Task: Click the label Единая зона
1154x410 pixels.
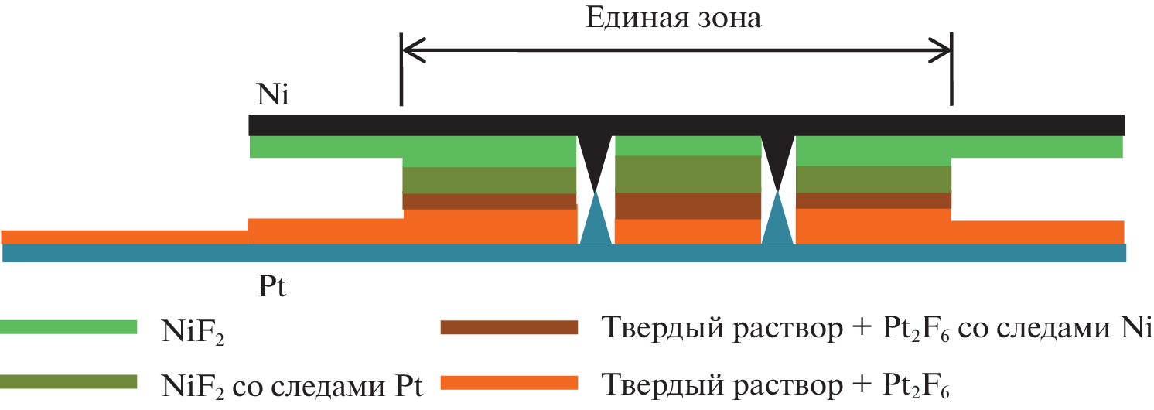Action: click(x=672, y=18)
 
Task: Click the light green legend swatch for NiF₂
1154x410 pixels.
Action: click(x=69, y=327)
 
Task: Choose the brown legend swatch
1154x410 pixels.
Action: click(x=509, y=327)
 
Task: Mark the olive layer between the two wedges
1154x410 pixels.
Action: click(x=688, y=174)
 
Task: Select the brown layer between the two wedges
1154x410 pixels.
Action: click(x=688, y=206)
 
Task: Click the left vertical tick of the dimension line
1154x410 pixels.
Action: click(x=401, y=70)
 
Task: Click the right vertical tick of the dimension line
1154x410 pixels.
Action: click(x=952, y=70)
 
